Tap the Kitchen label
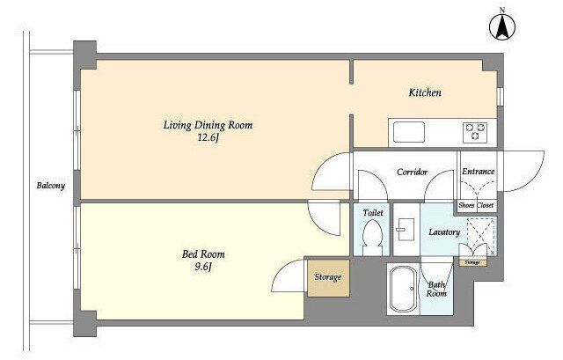click(425, 92)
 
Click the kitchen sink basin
click(408, 132)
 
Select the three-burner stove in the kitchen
click(475, 132)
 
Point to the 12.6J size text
click(208, 138)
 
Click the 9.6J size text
click(203, 267)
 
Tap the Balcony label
click(51, 186)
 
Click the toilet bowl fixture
click(371, 237)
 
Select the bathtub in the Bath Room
click(402, 289)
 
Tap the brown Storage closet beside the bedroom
click(328, 278)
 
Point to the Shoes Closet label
click(476, 205)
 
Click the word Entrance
click(478, 172)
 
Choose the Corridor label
click(413, 173)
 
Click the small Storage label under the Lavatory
click(472, 262)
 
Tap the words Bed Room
click(203, 254)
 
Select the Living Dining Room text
click(208, 125)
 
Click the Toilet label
click(373, 213)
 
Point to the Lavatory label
click(444, 232)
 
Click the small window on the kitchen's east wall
click(500, 97)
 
